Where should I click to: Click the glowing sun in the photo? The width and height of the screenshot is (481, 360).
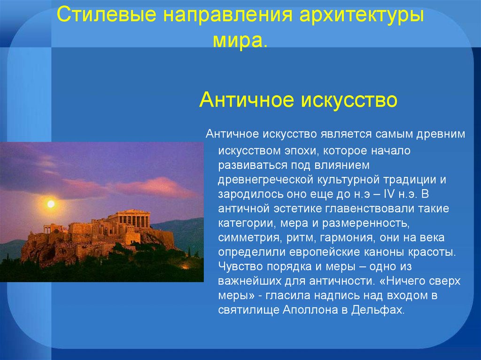tap(51, 204)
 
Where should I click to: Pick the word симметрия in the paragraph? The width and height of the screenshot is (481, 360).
tap(245, 237)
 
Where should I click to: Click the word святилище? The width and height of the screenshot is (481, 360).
tap(248, 310)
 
